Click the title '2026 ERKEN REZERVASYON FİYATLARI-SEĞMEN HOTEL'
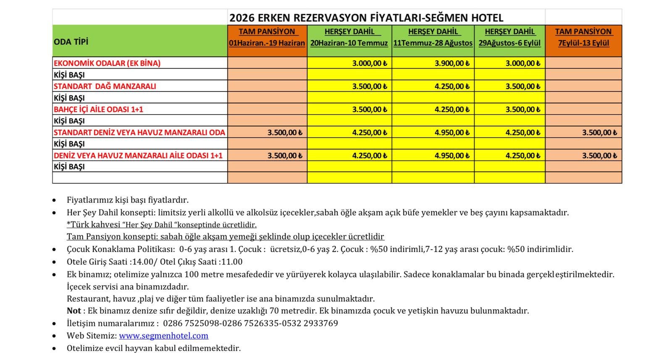366,18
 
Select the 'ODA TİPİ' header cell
71,42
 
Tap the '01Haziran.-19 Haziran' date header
267,43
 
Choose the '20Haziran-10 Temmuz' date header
349,43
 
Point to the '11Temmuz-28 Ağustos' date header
433,43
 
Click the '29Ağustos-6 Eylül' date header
509,43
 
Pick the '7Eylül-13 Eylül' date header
583,43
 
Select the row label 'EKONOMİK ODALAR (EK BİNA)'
107,63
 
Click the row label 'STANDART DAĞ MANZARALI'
105,86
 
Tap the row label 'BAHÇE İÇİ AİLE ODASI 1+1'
98,109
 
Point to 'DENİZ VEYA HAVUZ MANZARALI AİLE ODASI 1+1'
138,155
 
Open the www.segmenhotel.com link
163,336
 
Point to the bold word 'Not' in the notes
73,311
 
